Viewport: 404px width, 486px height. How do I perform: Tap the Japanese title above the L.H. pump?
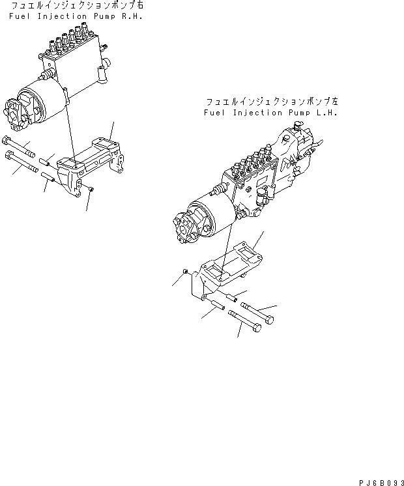point(272,103)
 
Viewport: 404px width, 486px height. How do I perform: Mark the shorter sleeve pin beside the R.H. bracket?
point(46,160)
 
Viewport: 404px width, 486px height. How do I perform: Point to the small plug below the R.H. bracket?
point(92,189)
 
